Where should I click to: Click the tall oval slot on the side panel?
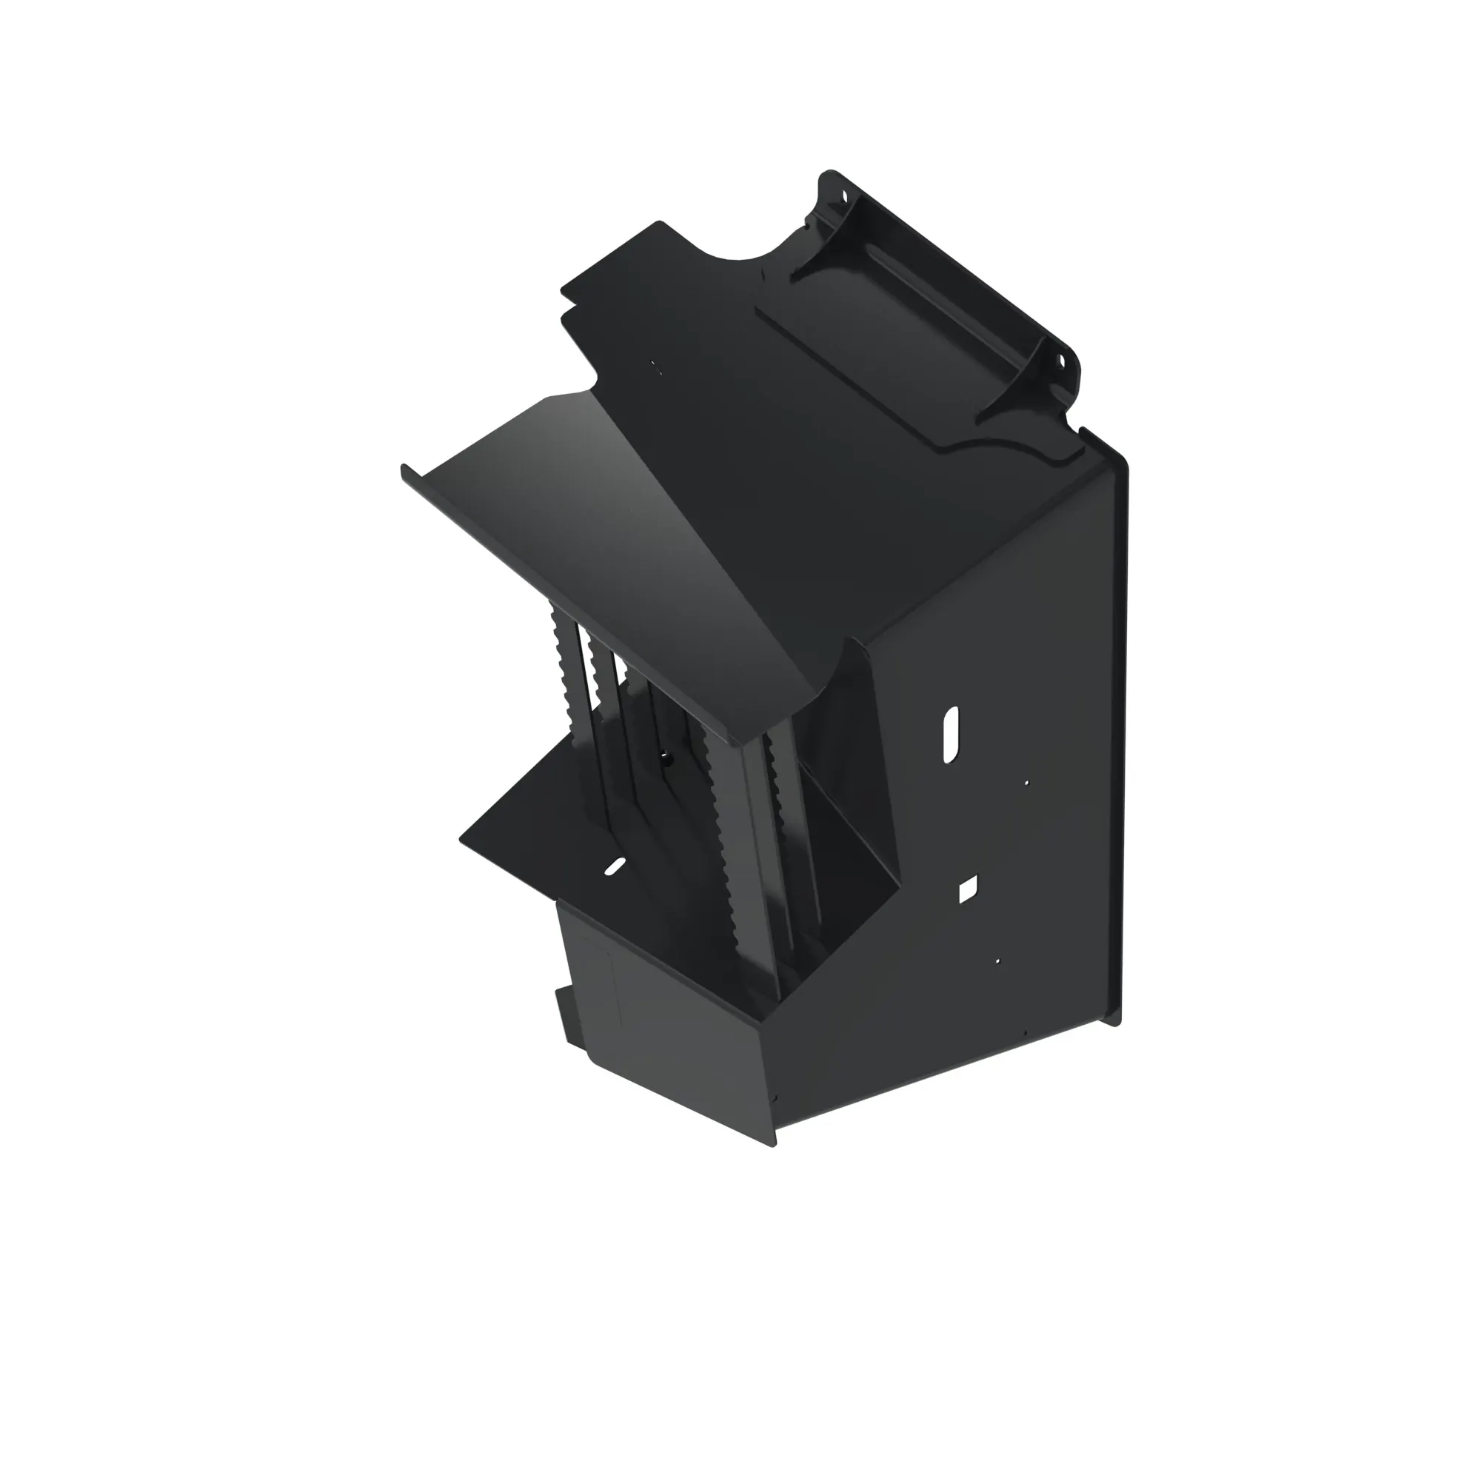tap(951, 734)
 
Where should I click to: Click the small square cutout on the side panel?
tap(968, 889)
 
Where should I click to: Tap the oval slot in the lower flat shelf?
tap(615, 867)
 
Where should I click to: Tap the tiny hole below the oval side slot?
tap(1027, 783)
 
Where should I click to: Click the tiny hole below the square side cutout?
tap(997, 960)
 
